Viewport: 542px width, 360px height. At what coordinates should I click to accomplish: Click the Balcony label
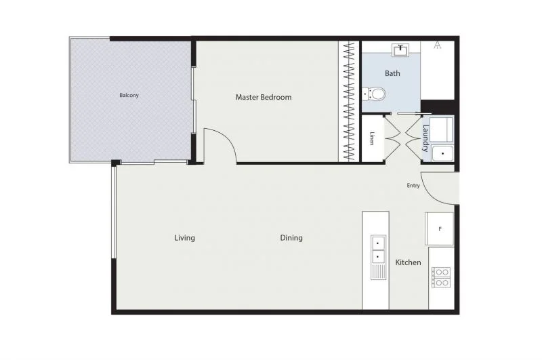tap(129, 95)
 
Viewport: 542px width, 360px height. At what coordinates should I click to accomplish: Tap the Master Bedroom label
tap(264, 97)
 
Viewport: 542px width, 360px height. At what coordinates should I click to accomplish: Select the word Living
tap(184, 238)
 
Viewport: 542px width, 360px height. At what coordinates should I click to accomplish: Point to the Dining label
tap(291, 238)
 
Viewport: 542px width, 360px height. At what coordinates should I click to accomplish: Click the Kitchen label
tap(408, 262)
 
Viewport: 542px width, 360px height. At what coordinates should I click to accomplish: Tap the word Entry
tap(413, 186)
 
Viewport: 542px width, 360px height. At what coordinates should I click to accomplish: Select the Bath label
tap(392, 73)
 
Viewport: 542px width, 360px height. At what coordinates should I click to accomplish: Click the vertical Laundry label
tap(425, 137)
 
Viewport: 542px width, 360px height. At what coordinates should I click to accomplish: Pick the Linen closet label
tap(372, 139)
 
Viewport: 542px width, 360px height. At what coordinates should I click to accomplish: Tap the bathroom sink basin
tap(402, 49)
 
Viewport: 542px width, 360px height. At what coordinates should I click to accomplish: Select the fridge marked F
tap(439, 229)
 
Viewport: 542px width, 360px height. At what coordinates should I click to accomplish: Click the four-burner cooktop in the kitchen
tap(440, 277)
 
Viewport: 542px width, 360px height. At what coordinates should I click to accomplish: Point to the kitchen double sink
tap(377, 249)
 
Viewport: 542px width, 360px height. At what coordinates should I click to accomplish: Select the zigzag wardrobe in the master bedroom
tap(348, 102)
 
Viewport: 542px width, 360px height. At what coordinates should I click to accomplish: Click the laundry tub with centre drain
tap(442, 154)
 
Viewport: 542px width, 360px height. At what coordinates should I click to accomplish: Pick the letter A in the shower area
tap(438, 45)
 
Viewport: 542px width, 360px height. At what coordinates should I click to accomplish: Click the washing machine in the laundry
tap(442, 129)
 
